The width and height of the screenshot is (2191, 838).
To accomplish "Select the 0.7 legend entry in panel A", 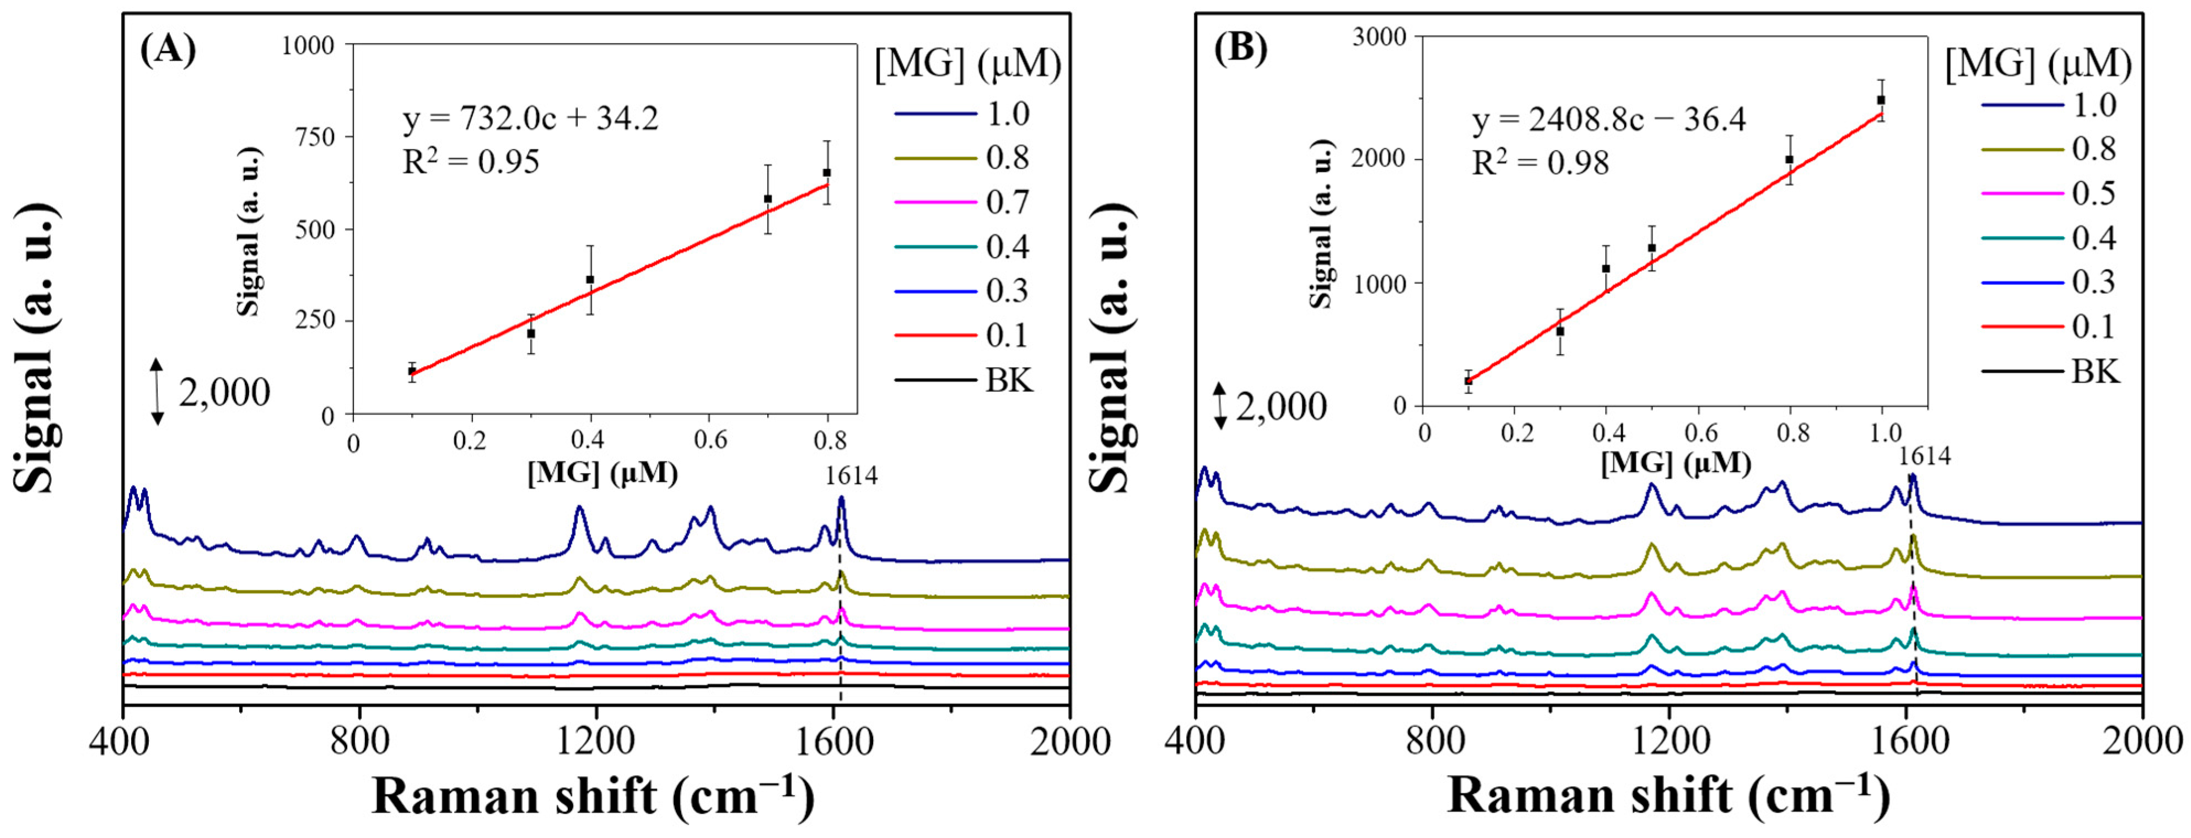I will click(x=1007, y=202).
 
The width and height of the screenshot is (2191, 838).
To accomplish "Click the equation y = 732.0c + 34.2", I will click(x=530, y=120).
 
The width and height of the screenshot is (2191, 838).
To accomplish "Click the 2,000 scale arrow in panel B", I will click(x=1220, y=407).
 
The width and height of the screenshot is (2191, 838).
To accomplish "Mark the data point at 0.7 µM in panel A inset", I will click(x=767, y=199).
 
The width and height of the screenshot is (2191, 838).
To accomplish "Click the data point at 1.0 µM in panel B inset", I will click(x=1881, y=100).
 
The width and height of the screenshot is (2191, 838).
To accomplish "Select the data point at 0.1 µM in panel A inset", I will click(x=412, y=371).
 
